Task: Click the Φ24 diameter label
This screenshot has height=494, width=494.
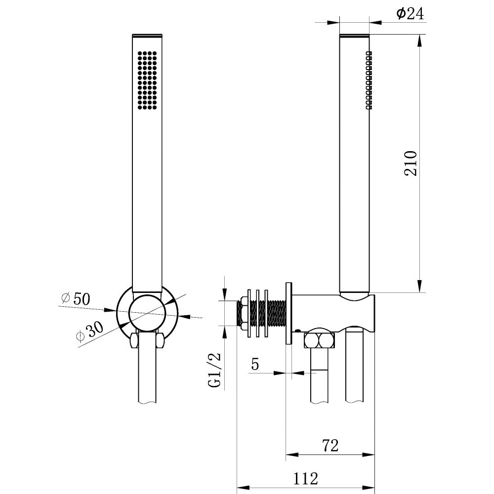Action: tap(410, 13)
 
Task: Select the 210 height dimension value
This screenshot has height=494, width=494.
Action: tap(411, 163)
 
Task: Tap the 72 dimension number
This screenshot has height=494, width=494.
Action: tap(330, 446)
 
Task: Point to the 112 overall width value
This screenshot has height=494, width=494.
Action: tap(306, 479)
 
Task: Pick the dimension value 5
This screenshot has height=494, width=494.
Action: tap(255, 364)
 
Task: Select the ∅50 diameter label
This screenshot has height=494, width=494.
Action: tap(76, 298)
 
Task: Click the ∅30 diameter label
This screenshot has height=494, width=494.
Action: tap(89, 331)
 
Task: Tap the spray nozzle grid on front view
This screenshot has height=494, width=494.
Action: tap(147, 81)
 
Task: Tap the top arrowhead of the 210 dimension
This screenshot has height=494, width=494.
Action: tap(419, 41)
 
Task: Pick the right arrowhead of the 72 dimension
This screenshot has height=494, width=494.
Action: tap(369, 454)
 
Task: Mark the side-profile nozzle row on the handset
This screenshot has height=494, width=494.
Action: tap(369, 81)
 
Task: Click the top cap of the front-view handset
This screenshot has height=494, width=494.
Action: tap(147, 35)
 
